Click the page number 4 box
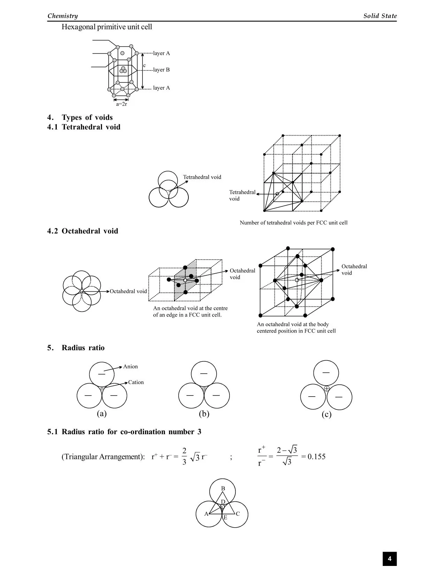point(389,559)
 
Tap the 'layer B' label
point(161,70)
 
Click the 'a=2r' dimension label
point(122,104)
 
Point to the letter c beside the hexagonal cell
point(145,66)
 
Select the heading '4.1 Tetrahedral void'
point(84,127)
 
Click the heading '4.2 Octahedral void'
point(83,231)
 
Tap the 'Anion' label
point(130,367)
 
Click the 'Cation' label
point(136,382)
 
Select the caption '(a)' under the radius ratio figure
point(102,414)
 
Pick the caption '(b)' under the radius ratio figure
point(204,414)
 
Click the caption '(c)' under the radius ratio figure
point(326,414)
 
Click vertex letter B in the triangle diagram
point(223,489)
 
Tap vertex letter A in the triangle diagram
point(206,514)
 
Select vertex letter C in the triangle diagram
point(238,514)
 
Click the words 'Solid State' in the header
point(380,16)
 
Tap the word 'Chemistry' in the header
point(63,16)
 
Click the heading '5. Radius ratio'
point(76,348)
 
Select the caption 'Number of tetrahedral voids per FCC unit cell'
point(294,223)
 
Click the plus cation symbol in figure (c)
point(327,389)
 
